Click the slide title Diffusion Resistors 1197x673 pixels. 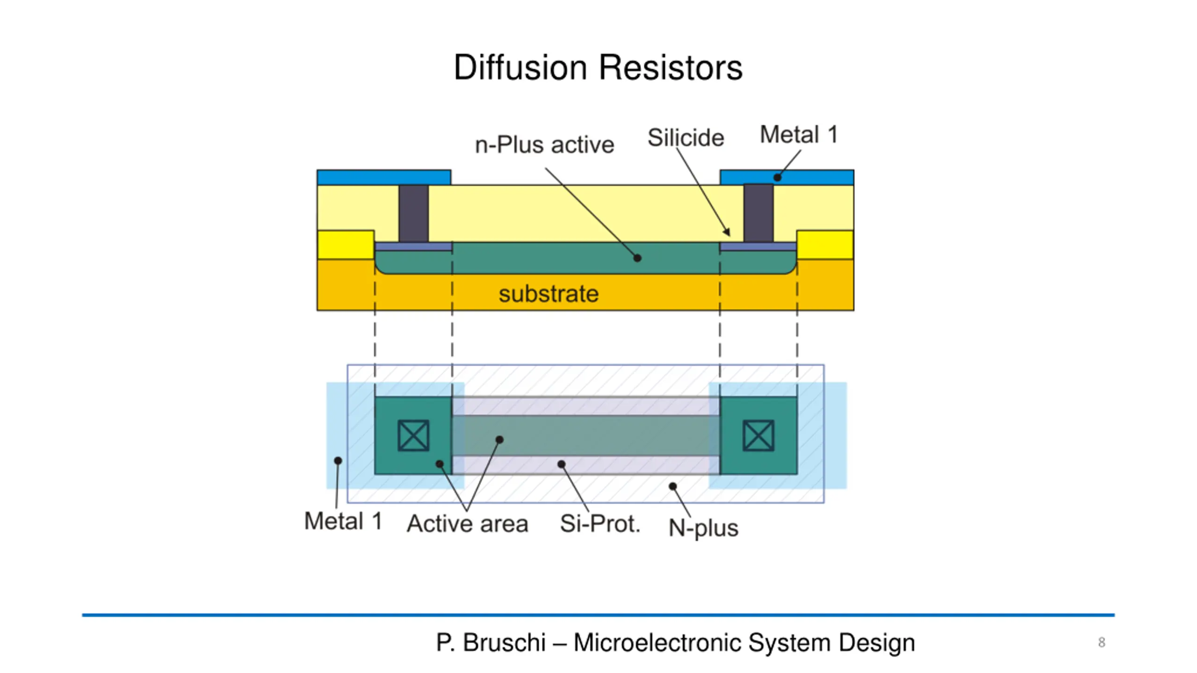[x=598, y=67]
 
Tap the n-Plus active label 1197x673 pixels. [x=544, y=144]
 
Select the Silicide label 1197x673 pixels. [x=685, y=137]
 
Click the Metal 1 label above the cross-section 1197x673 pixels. [x=799, y=135]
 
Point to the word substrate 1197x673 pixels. [x=548, y=294]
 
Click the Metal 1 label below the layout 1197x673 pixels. [x=343, y=521]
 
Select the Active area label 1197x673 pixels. [x=468, y=523]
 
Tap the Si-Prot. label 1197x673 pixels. [x=600, y=523]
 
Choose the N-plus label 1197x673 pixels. [x=703, y=528]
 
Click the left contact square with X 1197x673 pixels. [x=413, y=436]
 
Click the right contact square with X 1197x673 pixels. [x=758, y=436]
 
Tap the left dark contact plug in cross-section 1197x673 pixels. [x=414, y=214]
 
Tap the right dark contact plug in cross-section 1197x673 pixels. [x=758, y=213]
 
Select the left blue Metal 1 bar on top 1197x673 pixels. [x=384, y=178]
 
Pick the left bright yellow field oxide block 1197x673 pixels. [x=346, y=245]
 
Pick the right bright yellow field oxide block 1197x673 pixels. [x=825, y=245]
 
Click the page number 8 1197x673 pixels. [x=1102, y=643]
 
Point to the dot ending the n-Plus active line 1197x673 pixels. [x=637, y=258]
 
